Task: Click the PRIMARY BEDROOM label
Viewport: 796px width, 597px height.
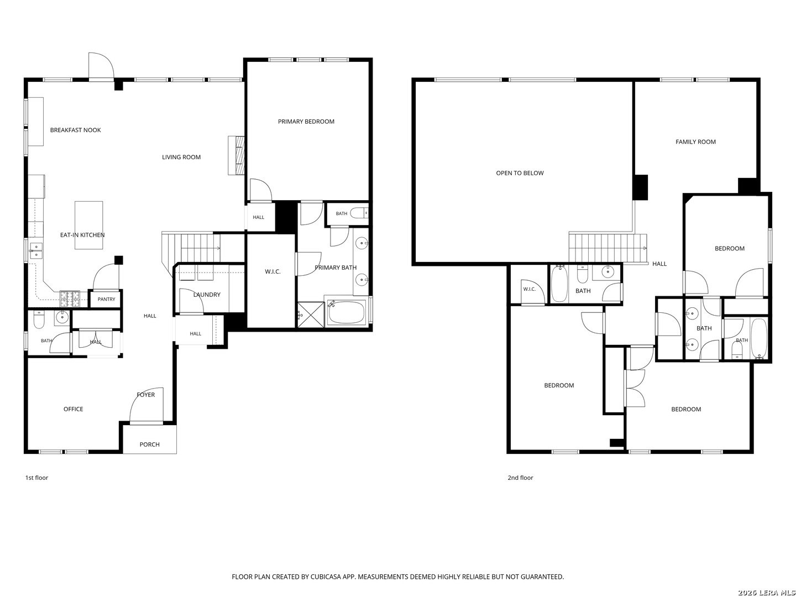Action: click(306, 122)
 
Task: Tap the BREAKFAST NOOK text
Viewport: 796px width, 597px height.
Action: click(75, 130)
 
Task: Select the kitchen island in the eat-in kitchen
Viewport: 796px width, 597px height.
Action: click(88, 225)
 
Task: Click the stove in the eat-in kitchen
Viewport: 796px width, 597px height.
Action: click(70, 299)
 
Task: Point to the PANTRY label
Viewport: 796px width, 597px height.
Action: click(106, 299)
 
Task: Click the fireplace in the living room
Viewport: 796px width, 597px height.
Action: click(236, 155)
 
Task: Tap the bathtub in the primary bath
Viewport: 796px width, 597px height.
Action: click(347, 312)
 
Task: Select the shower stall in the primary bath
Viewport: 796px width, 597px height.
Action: click(311, 315)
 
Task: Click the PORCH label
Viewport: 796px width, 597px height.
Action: click(149, 444)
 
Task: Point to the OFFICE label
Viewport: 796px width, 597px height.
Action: click(74, 409)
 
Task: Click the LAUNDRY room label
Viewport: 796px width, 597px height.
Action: click(207, 294)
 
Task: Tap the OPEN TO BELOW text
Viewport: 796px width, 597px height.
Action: click(519, 173)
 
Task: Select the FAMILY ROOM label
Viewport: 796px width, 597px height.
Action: click(695, 142)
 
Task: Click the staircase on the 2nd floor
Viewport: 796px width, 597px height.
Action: click(608, 248)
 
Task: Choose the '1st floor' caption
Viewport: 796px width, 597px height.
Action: click(36, 478)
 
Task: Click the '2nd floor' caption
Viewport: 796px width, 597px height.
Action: click(520, 478)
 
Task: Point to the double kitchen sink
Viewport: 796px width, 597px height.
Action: click(36, 250)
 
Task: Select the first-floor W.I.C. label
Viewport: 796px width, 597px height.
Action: click(273, 271)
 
